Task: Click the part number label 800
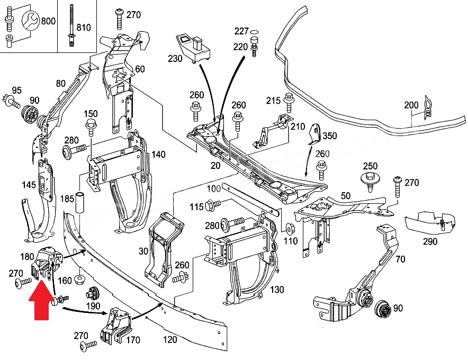[x=48, y=21]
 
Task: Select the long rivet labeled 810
[x=71, y=25]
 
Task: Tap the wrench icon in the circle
[x=31, y=21]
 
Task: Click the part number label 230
[x=175, y=58]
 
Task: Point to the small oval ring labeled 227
[x=254, y=32]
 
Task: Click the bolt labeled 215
[x=289, y=102]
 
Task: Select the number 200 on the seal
[x=411, y=105]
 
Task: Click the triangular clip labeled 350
[x=314, y=134]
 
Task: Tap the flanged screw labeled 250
[x=370, y=181]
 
